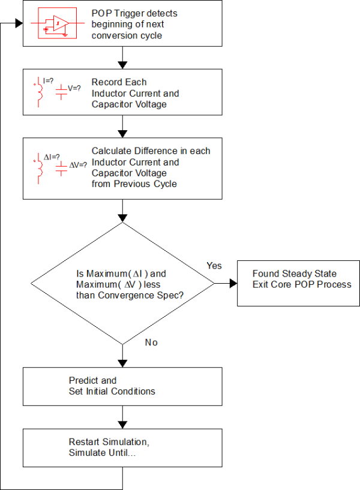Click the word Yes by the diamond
pyautogui.click(x=214, y=265)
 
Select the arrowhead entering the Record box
pyautogui.click(x=122, y=64)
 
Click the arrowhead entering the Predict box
pyautogui.click(x=122, y=363)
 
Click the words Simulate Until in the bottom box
pyautogui.click(x=103, y=453)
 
